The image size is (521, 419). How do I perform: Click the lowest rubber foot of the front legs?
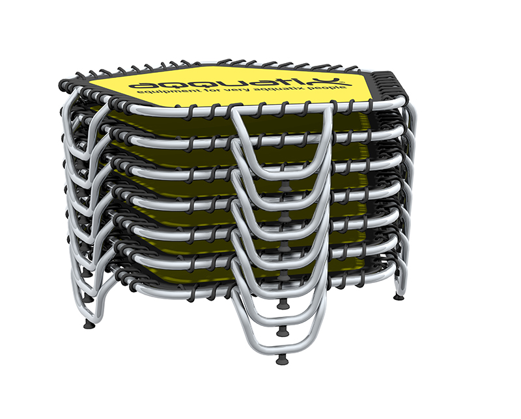tap(282, 360)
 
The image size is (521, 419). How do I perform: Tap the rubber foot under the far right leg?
tap(399, 297)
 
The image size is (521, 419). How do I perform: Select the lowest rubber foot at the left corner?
tap(89, 325)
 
